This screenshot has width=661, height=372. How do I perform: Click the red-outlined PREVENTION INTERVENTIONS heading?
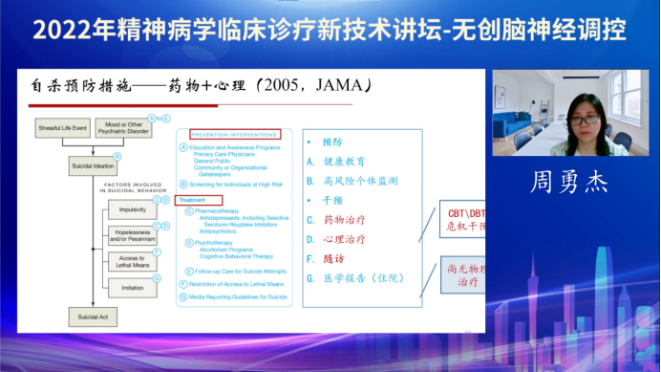tap(234, 134)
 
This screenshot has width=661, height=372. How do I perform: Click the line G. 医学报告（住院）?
tap(369, 278)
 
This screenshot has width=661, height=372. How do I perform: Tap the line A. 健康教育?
tap(345, 161)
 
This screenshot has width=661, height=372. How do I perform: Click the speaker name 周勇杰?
tap(569, 182)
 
